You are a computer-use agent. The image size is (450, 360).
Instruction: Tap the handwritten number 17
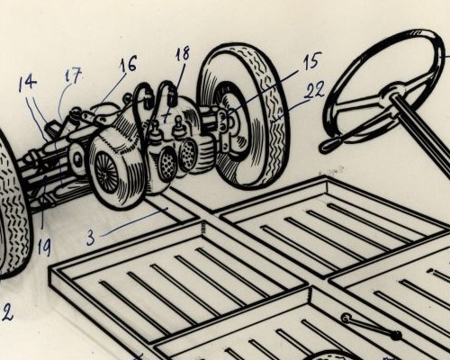73,76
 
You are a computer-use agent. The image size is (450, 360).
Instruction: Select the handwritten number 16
128,63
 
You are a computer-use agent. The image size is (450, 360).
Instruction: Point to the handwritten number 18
182,54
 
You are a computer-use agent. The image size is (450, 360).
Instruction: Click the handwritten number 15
310,61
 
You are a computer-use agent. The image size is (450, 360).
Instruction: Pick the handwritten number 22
314,90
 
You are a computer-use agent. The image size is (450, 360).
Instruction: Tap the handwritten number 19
44,248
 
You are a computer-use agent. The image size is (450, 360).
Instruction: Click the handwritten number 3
91,237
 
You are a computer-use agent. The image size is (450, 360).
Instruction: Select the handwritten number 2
7,312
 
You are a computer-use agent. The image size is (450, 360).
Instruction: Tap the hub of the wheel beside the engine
231,120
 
